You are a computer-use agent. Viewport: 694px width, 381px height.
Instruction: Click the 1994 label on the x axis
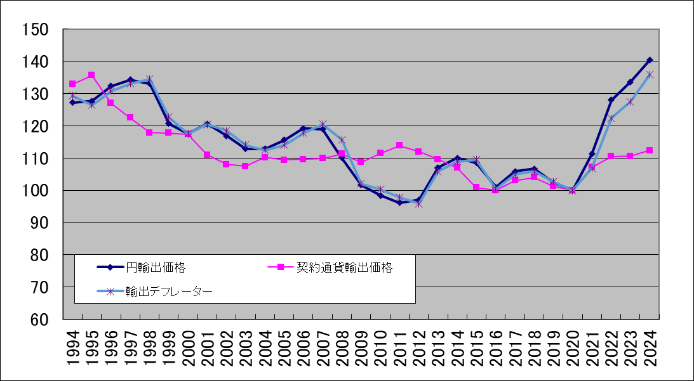coord(72,348)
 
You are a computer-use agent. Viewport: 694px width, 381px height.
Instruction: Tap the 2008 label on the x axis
coord(342,348)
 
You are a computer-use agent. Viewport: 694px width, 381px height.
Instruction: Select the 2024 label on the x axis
coord(650,348)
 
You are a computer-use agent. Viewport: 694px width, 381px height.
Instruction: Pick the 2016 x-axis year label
coord(496,348)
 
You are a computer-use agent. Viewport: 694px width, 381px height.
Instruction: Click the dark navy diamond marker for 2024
coord(650,60)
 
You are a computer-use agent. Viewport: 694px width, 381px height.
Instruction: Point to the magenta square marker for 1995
coord(91,75)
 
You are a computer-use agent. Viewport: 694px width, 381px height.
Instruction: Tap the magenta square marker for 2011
coord(399,145)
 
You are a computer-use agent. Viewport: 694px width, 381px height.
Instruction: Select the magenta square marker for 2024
coord(650,150)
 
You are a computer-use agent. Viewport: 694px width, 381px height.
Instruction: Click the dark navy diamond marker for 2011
coord(399,202)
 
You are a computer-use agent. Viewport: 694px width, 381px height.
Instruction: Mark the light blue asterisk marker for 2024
coord(650,74)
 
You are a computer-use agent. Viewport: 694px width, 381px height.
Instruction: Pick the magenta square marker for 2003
coord(245,166)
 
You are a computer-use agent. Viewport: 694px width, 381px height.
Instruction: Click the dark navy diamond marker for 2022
coord(611,100)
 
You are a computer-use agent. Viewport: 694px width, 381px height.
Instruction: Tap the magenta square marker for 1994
coord(72,84)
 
